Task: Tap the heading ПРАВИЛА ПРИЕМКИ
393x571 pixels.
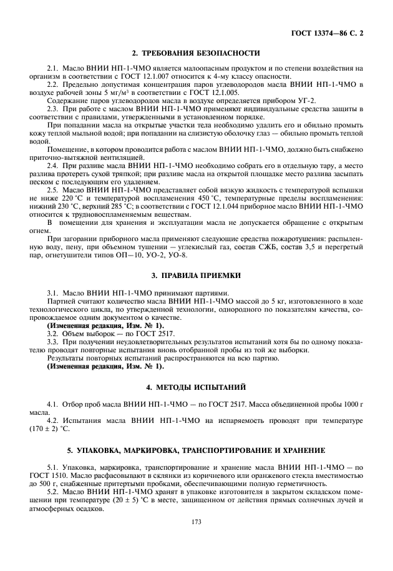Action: [x=196, y=276]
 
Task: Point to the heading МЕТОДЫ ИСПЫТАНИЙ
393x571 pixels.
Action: [x=196, y=387]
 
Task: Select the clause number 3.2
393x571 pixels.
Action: [x=54, y=334]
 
